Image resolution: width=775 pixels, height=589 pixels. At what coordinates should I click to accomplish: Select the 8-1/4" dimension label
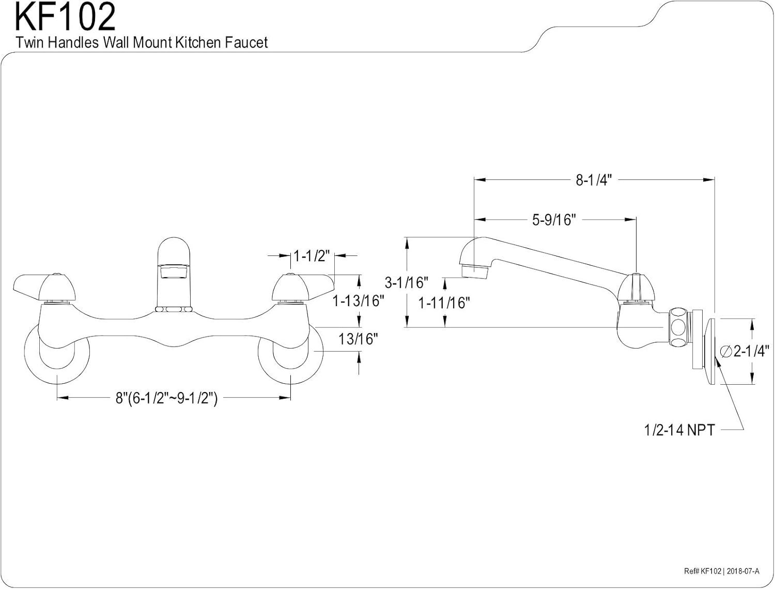click(594, 180)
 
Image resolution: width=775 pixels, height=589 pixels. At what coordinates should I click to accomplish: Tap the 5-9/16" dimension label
click(554, 220)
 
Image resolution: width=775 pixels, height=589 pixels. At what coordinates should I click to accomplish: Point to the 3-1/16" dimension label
click(407, 282)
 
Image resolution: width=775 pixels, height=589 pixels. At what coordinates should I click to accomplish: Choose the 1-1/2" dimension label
click(312, 255)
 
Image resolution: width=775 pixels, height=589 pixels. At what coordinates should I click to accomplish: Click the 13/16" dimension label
click(358, 339)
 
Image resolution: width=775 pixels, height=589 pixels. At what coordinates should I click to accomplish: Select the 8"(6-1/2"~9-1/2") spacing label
click(166, 398)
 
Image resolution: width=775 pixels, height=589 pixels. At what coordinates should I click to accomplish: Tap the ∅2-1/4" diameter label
click(744, 351)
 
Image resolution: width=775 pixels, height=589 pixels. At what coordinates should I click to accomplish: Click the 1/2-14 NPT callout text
click(679, 429)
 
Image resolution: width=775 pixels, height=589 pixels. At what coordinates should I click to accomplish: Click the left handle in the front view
click(46, 286)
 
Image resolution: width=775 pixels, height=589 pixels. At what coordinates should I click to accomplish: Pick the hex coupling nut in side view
click(679, 328)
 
